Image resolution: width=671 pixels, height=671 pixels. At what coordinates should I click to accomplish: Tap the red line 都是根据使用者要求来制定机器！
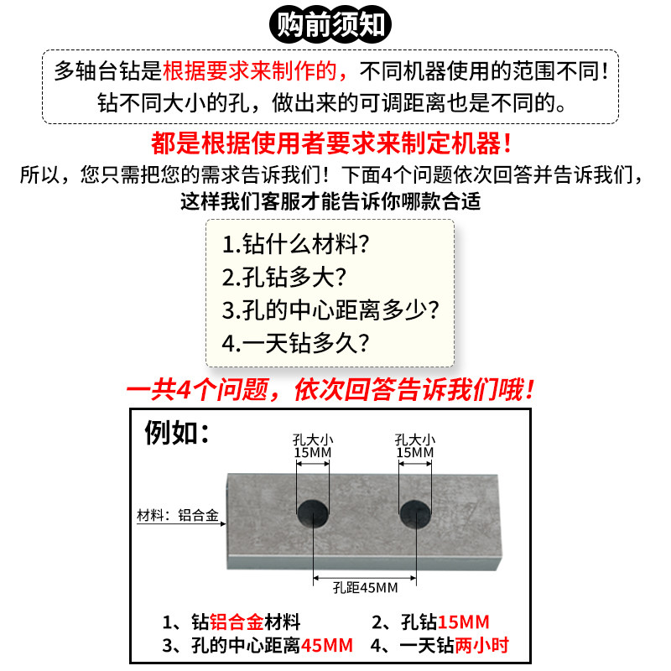[331, 143]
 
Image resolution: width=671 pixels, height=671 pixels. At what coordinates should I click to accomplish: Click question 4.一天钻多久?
[296, 342]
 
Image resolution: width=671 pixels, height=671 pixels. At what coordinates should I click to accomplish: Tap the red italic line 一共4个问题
[330, 390]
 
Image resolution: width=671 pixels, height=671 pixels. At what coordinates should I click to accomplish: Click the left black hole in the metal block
[312, 512]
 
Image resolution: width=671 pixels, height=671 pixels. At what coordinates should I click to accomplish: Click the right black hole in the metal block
[414, 512]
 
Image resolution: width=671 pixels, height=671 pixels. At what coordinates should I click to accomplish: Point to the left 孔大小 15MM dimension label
[312, 446]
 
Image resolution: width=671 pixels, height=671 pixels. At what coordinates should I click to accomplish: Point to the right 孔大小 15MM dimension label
[414, 446]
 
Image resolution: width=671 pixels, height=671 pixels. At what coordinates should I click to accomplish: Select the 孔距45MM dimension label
[364, 586]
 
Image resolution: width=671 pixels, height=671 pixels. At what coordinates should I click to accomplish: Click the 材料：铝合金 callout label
[177, 516]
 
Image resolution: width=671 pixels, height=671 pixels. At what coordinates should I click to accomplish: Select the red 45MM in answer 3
[326, 646]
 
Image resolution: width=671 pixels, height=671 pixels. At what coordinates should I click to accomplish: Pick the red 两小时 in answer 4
[481, 646]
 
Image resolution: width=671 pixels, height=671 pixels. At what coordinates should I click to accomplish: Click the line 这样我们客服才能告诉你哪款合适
[330, 201]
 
